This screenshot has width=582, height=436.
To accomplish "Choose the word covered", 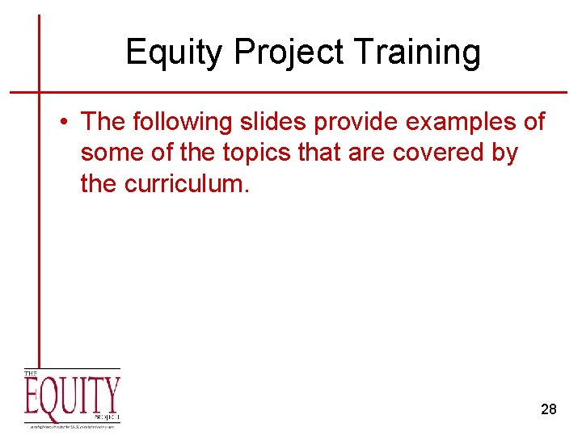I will (x=432, y=153).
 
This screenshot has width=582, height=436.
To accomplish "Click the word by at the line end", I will (x=504, y=153).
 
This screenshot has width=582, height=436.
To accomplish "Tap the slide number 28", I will (x=548, y=409).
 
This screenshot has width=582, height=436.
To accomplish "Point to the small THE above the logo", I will (x=31, y=374).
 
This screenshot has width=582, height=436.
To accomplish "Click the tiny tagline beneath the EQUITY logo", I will (x=72, y=425).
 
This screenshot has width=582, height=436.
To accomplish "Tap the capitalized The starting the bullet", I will (x=102, y=122).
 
